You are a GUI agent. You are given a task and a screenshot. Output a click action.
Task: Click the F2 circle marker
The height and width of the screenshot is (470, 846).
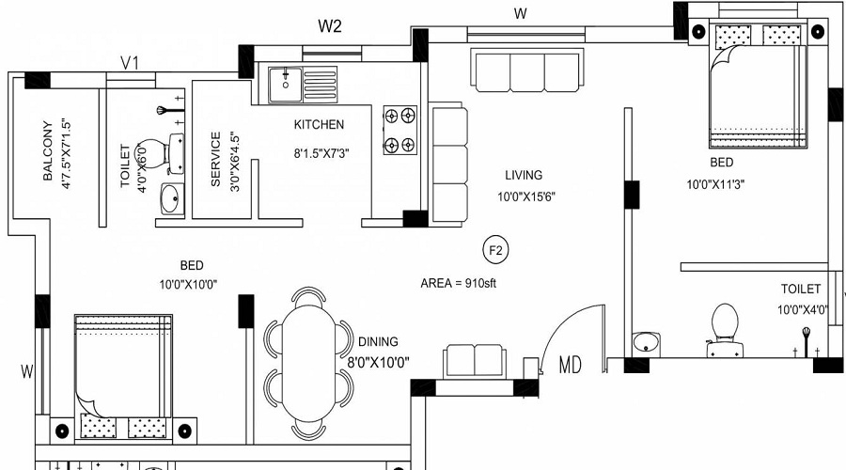click(494, 250)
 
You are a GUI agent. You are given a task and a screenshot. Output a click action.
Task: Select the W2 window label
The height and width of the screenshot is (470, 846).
click(329, 25)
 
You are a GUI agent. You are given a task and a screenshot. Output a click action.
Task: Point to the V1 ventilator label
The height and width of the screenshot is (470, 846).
click(131, 63)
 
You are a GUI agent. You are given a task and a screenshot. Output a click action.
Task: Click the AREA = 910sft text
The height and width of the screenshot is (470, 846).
click(458, 282)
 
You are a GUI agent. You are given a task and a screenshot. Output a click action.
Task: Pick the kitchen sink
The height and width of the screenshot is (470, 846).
click(283, 83)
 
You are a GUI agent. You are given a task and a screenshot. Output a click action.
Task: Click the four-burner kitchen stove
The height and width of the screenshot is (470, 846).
click(399, 130)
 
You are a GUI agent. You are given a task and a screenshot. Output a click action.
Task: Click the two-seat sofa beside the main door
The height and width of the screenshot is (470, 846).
click(475, 360)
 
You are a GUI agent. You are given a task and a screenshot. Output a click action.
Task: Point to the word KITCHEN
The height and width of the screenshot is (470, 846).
click(319, 124)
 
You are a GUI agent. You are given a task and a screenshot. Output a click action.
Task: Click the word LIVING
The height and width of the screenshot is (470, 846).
click(524, 175)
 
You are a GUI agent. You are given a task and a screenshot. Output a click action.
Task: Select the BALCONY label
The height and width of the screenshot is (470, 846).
click(46, 151)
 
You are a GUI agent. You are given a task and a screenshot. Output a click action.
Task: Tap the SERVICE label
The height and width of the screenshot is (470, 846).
click(215, 160)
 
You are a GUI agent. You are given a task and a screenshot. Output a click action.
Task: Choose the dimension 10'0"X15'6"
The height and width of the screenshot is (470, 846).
click(528, 196)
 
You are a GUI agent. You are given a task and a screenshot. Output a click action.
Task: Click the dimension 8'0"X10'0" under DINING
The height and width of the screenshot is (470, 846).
click(378, 360)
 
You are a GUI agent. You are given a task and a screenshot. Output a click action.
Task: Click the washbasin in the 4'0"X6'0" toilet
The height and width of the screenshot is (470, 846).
click(172, 199)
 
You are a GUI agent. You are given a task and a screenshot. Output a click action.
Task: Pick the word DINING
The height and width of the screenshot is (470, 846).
click(378, 342)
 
